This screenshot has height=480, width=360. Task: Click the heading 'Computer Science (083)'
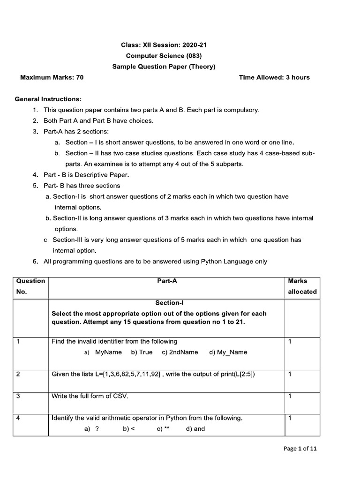click(x=164, y=56)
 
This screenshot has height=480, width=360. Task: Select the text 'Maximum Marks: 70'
click(x=52, y=77)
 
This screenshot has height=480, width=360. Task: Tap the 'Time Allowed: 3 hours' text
click(x=274, y=77)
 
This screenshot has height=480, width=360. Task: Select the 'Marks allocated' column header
click(x=302, y=286)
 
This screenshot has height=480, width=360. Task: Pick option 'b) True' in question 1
click(x=142, y=352)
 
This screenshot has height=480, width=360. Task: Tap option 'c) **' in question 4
click(x=163, y=428)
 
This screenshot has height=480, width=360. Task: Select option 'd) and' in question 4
click(x=195, y=428)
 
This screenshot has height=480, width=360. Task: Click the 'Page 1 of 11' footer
click(x=300, y=449)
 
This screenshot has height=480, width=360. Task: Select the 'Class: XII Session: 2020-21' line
click(x=164, y=45)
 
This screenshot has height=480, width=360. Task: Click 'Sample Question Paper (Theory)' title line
click(x=164, y=67)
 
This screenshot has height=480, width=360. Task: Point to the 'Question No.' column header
click(x=30, y=286)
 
